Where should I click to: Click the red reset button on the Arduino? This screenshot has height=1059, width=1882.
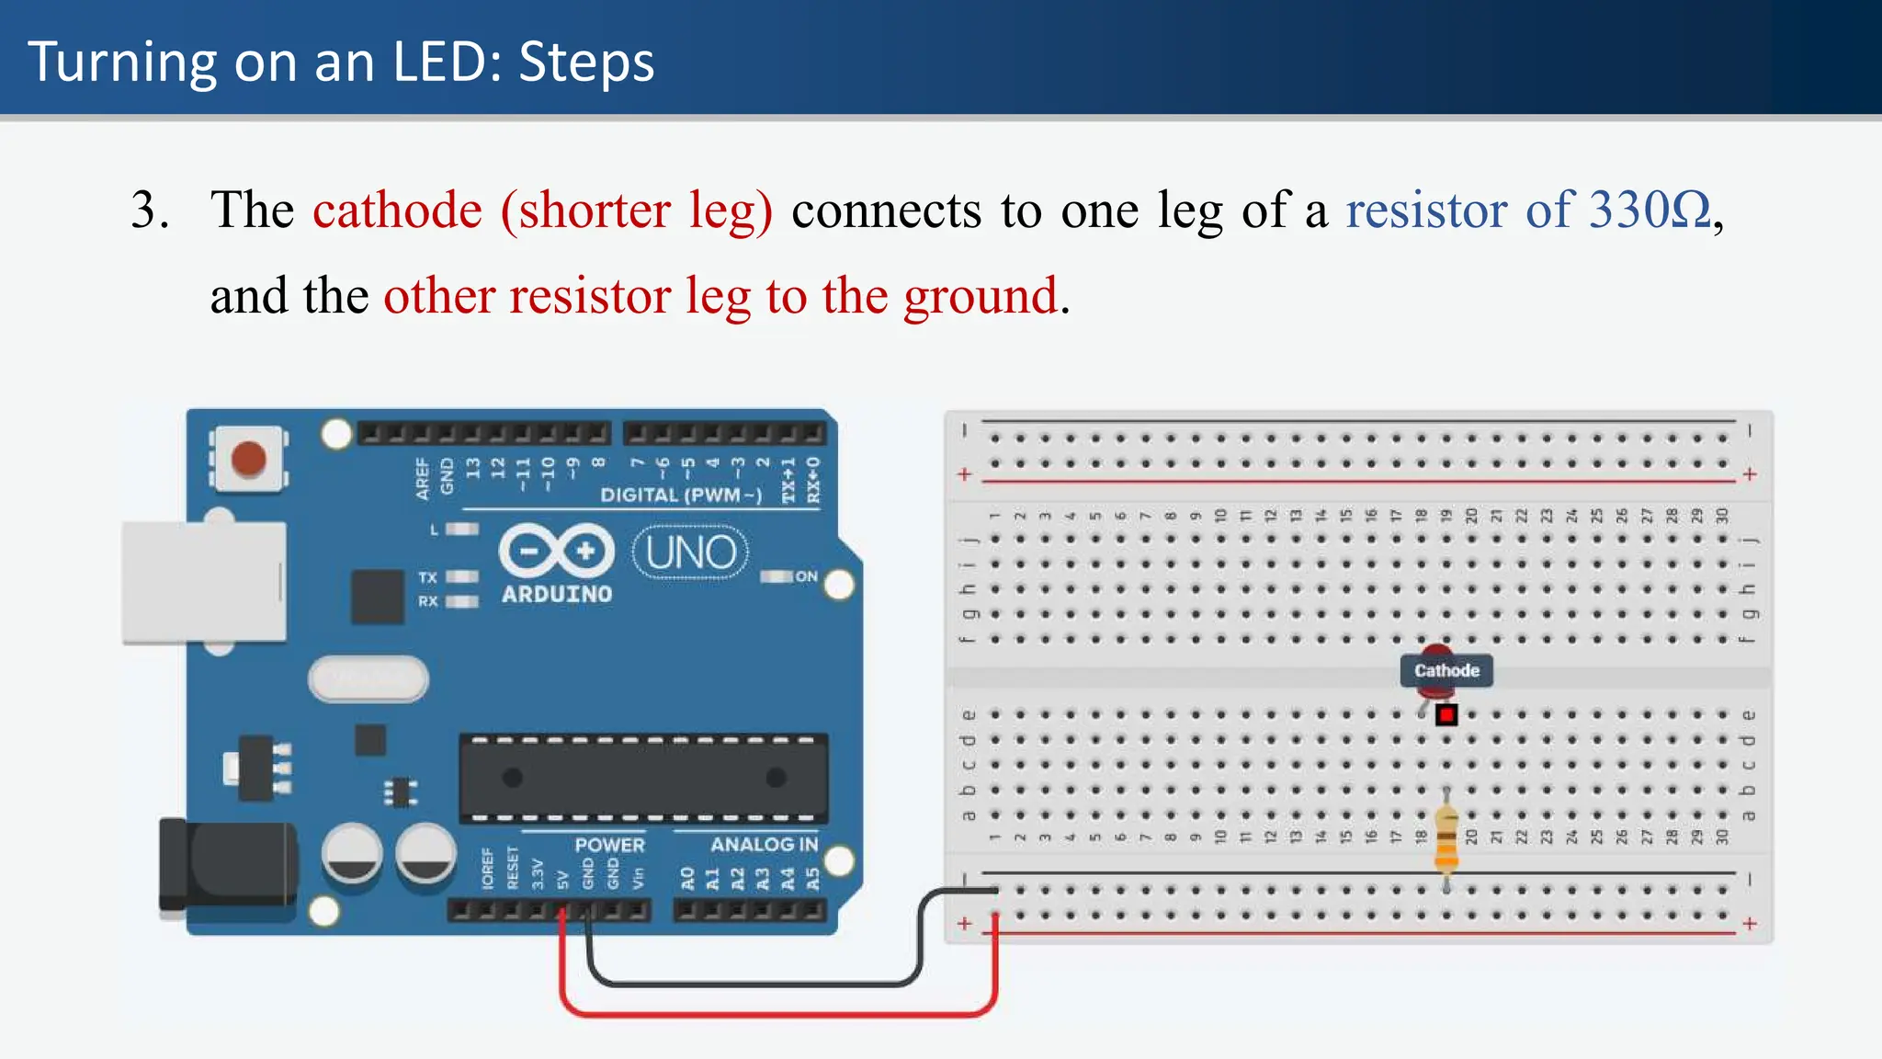click(x=248, y=459)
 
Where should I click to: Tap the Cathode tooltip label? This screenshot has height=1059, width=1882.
click(x=1446, y=671)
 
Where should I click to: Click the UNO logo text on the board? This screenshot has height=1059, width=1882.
click(x=691, y=552)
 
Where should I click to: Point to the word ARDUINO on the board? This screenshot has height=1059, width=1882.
click(x=557, y=595)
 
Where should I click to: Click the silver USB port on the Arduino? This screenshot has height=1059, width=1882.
click(x=204, y=582)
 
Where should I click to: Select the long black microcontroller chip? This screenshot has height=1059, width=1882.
click(x=643, y=778)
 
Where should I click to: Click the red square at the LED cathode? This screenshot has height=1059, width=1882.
click(x=1446, y=714)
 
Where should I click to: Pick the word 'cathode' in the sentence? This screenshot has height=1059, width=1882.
click(x=397, y=211)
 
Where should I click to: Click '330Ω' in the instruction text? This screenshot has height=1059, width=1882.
click(x=1650, y=211)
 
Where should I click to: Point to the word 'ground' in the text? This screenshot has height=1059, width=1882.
click(x=980, y=296)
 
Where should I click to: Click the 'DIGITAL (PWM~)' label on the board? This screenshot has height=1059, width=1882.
click(x=681, y=495)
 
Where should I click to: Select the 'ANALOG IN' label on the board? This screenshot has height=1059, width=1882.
click(x=764, y=844)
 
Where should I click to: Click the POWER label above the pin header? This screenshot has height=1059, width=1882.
click(x=609, y=845)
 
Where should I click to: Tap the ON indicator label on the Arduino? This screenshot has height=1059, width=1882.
click(x=806, y=576)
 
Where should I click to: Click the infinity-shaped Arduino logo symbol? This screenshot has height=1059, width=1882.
click(x=557, y=552)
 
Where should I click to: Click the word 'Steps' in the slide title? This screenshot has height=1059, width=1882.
click(x=586, y=63)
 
